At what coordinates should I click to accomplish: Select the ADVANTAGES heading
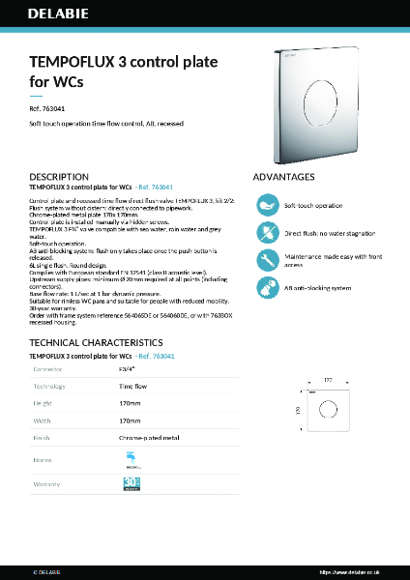tap(283, 178)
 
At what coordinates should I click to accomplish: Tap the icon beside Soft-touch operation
tap(266, 206)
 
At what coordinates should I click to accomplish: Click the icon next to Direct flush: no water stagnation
tap(266, 233)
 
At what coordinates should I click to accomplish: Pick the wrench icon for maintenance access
tap(266, 260)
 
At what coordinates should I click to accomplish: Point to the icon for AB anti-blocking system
tap(266, 288)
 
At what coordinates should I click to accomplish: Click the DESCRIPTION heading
tap(60, 177)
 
